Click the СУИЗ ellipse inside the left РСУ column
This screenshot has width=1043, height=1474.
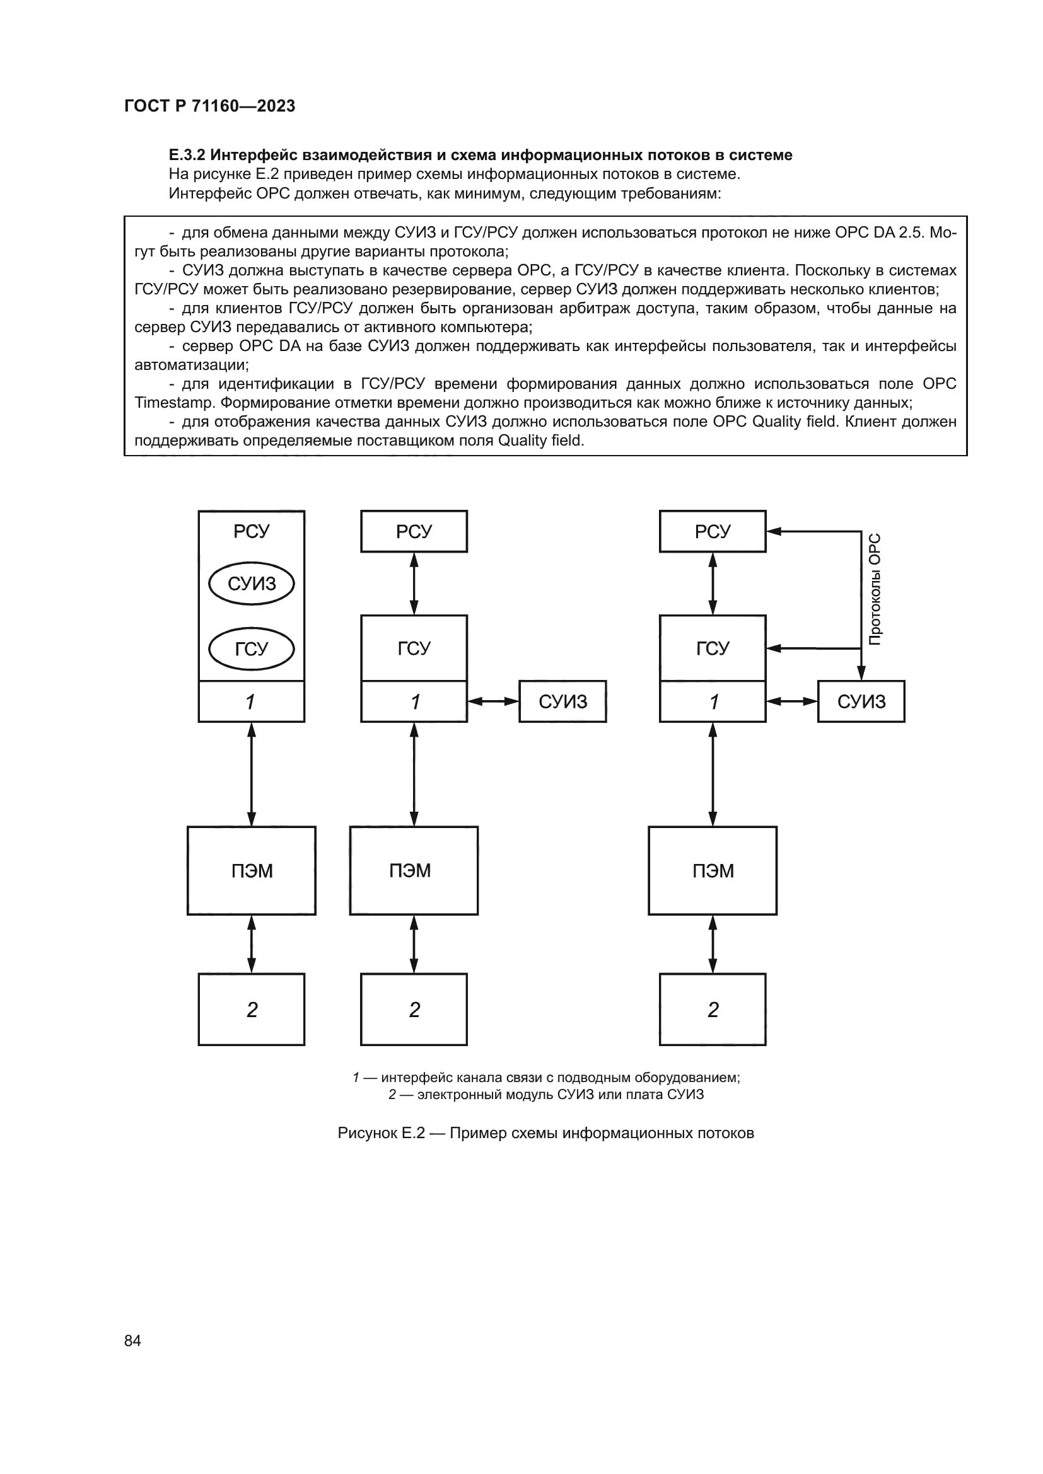251,584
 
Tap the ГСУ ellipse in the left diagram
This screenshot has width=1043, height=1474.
251,649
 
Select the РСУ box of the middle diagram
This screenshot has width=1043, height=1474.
414,532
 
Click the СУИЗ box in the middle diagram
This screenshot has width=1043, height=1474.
562,701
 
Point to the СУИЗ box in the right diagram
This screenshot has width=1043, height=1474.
861,701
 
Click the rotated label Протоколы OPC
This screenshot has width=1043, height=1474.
875,589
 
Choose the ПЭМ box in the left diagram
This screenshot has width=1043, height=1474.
251,870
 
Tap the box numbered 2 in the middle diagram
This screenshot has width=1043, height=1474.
414,1010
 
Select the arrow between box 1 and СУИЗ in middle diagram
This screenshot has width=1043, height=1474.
492,701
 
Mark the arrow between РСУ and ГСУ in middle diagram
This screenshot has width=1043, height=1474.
414,584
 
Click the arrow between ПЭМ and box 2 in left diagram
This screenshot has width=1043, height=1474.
251,944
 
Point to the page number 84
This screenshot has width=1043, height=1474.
132,1340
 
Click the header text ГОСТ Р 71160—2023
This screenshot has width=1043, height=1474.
209,106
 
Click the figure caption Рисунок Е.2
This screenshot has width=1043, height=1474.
381,1133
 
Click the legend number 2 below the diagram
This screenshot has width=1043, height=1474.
392,1094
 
